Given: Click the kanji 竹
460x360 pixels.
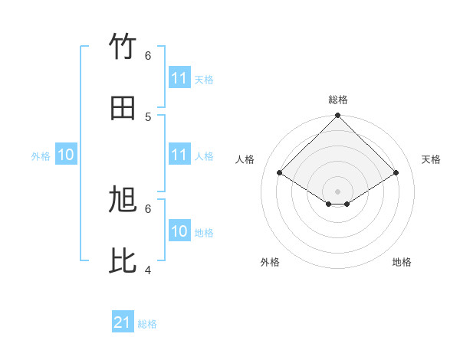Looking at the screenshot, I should pos(123,47).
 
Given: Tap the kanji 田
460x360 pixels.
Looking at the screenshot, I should pos(123,108).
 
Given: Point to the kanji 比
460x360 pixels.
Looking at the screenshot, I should pos(123,261).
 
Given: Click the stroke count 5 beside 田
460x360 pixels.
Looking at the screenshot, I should pos(148,116).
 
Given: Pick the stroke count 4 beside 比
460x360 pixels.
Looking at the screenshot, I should pos(148,270).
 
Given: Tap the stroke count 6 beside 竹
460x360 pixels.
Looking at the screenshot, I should pos(148,56).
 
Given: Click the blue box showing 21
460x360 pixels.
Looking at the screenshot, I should pos(123,323).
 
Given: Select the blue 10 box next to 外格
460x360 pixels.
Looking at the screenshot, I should pos(66,155).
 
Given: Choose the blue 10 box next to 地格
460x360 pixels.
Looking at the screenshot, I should pos(179,231).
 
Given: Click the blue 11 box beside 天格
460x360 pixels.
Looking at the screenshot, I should pos(179,78).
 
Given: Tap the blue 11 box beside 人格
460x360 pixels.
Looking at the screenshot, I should pos(179,155).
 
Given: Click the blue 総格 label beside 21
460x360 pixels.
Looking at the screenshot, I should pos(147,324).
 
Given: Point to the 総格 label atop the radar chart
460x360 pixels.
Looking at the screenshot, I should pos(338,100).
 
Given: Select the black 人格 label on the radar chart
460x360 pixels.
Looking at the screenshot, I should pos(245,159).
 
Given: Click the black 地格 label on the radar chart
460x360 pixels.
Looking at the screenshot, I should pos(402,262).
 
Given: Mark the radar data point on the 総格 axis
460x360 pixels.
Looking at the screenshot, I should pos(338,116).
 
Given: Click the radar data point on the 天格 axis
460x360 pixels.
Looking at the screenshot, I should pos(396,173).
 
